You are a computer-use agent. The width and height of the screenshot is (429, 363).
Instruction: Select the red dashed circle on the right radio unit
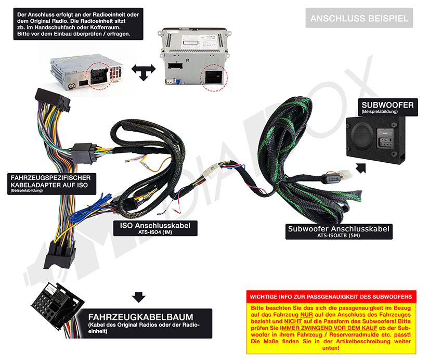pyautogui.click(x=214, y=78)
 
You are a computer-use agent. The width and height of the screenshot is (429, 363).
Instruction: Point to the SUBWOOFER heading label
pyautogui.click(x=387, y=105)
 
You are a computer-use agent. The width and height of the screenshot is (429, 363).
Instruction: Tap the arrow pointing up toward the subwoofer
pyautogui.click(x=360, y=167)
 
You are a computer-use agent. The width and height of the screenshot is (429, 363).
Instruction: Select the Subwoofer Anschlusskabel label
pyautogui.click(x=339, y=228)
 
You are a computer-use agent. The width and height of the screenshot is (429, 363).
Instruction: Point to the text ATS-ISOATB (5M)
pyautogui.click(x=339, y=236)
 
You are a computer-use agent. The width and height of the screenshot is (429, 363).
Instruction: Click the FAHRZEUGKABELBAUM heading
pyautogui.click(x=141, y=317)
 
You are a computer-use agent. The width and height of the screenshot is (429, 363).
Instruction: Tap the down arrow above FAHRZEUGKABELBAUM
pyautogui.click(x=138, y=297)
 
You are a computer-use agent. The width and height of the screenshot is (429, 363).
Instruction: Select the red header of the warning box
pyautogui.click(x=331, y=297)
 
